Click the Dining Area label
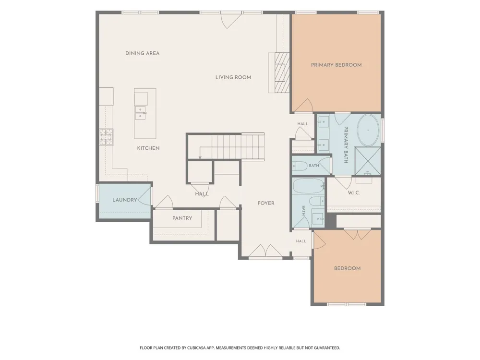tap(143, 53)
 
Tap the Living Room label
tap(233, 77)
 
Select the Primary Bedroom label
tap(336, 65)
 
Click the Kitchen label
tap(148, 148)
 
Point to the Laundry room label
tap(125, 200)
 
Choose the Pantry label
tap(182, 218)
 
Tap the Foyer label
tap(266, 203)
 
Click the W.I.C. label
tap(354, 193)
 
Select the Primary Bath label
tap(346, 145)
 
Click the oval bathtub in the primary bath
tap(368, 131)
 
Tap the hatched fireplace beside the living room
tap(282, 72)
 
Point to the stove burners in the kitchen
tap(106, 136)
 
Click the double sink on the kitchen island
tap(141, 113)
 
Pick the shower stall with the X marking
tap(368, 161)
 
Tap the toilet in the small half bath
tap(300, 166)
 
